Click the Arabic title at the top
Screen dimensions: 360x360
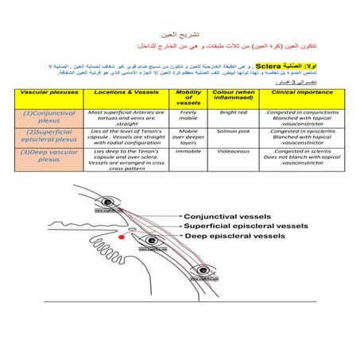coord(180,37)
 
